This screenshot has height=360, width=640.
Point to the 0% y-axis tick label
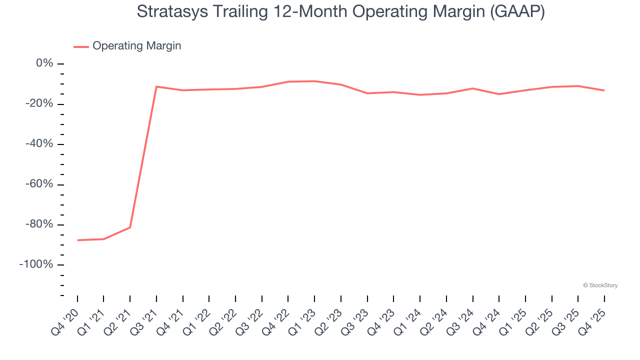[x=44, y=63]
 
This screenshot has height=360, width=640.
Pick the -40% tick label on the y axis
[x=39, y=144]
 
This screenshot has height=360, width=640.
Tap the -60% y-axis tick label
[x=39, y=184]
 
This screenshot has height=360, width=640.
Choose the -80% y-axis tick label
[x=39, y=224]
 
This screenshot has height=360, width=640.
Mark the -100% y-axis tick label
[x=36, y=264]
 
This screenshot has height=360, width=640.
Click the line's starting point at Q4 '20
[x=77, y=240]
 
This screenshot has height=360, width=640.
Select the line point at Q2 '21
[x=130, y=227]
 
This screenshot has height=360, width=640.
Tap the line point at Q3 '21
[x=156, y=86]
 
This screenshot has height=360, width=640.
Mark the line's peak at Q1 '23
[x=314, y=81]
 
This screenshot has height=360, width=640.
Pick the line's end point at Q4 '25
[x=604, y=90]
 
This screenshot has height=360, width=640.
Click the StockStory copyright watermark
[x=600, y=285]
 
